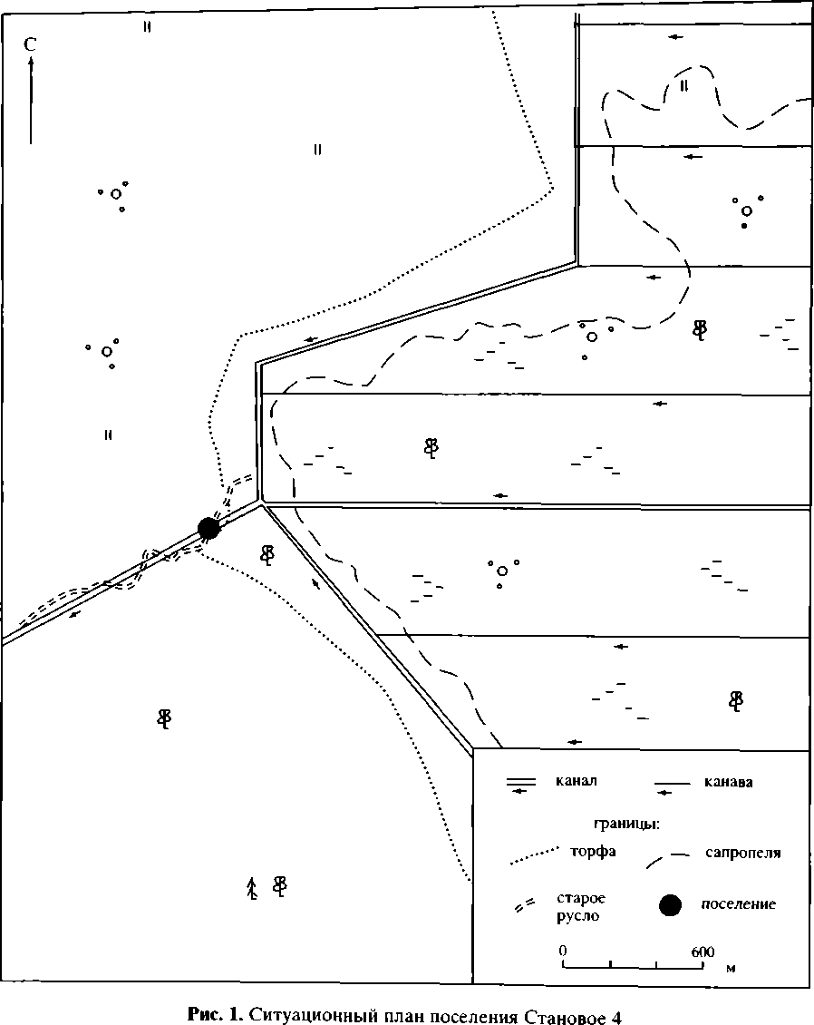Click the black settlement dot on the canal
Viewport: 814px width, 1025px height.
208,527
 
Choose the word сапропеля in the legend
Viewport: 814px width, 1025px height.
742,853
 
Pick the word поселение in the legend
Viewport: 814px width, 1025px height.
739,904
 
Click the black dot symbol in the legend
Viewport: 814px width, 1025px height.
670,904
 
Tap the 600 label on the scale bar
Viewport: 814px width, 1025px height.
703,952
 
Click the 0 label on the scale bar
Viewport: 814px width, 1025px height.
563,952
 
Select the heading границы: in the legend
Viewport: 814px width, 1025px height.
625,825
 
